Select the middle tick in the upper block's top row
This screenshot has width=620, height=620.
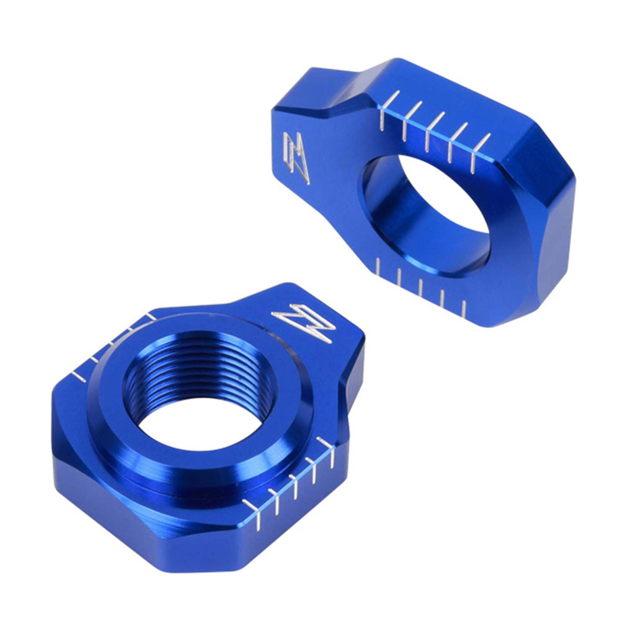pyautogui.click(x=434, y=130)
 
